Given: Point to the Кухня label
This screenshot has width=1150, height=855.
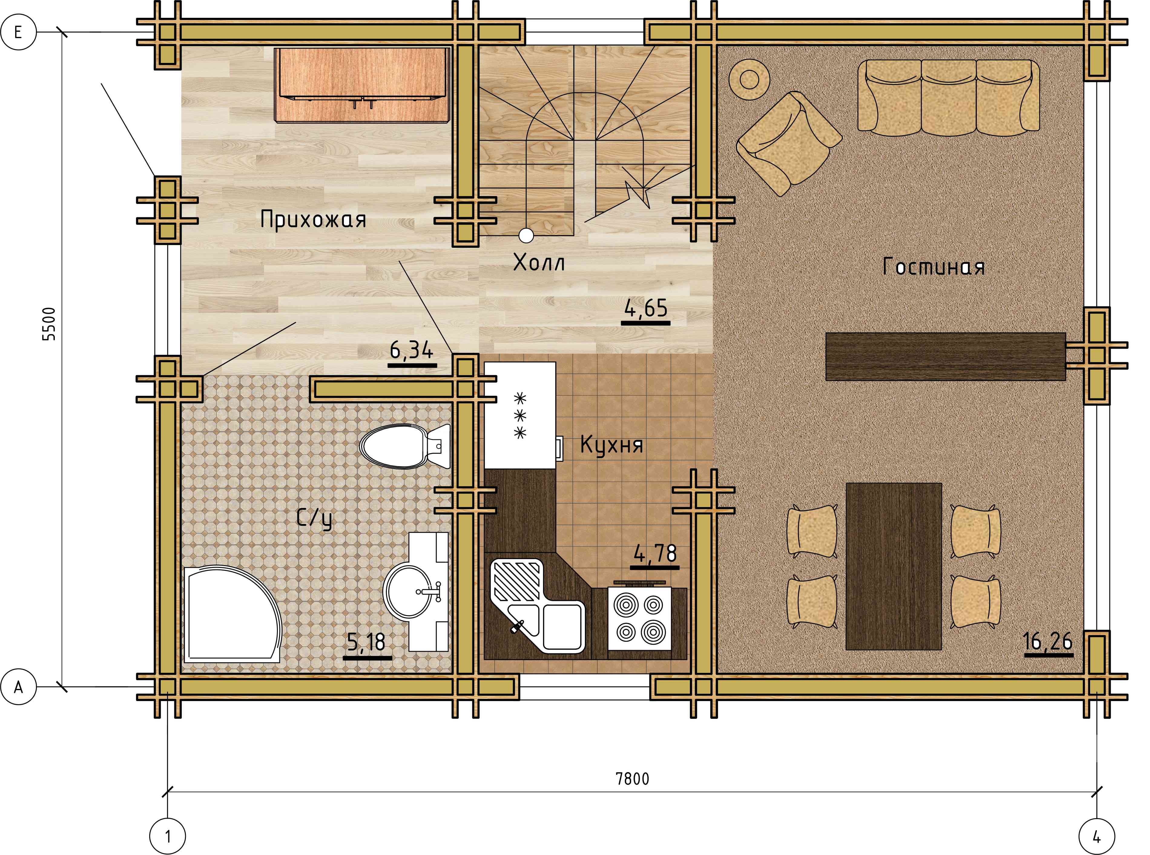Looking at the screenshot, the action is pyautogui.click(x=611, y=444).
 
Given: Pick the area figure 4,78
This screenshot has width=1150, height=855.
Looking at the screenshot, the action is pyautogui.click(x=655, y=554).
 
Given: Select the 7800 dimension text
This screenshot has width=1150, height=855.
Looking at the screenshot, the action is pyautogui.click(x=632, y=778).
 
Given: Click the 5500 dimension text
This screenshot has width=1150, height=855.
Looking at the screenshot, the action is pyautogui.click(x=49, y=324).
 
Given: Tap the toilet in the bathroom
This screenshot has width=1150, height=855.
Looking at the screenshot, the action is pyautogui.click(x=405, y=446).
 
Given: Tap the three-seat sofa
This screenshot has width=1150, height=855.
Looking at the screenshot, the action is pyautogui.click(x=949, y=97).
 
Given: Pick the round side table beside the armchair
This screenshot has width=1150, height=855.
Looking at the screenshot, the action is pyautogui.click(x=749, y=80).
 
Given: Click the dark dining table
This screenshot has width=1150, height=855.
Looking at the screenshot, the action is pyautogui.click(x=893, y=566).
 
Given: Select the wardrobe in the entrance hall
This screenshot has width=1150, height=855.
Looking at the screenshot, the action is pyautogui.click(x=362, y=85).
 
